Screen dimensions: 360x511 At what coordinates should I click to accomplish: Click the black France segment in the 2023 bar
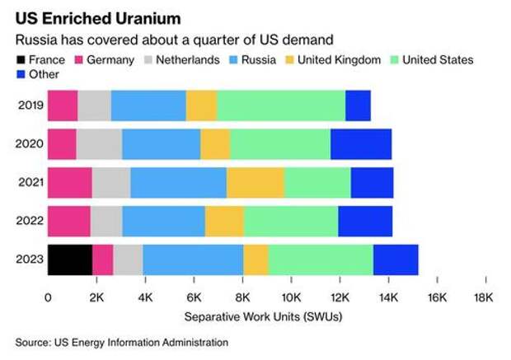coord(70,259)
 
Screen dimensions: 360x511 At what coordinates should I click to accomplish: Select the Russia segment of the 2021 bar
coord(178,183)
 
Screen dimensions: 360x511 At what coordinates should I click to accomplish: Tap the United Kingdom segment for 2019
coord(201,105)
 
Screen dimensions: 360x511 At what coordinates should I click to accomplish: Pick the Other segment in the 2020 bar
coord(361,144)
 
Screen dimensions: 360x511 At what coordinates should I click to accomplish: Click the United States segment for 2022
coord(291,222)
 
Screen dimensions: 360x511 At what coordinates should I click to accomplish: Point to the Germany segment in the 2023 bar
coord(103,259)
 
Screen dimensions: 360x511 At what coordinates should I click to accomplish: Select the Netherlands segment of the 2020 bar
coord(99,144)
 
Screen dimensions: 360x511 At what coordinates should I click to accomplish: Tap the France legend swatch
coord(21,59)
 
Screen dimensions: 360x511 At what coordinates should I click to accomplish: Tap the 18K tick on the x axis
coord(484,296)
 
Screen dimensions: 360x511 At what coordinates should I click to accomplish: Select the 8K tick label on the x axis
coord(243,296)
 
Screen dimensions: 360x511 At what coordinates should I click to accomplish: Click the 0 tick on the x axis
coord(49,296)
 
